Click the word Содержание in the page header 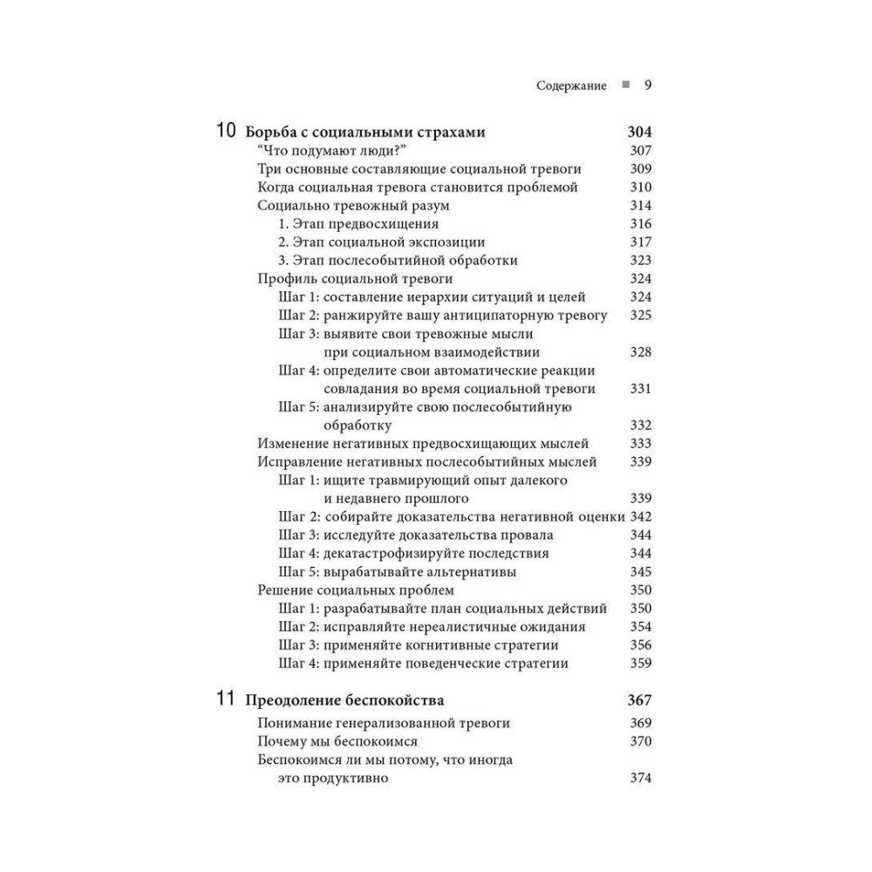click(572, 85)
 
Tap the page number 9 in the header click(648, 85)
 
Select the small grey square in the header click(624, 85)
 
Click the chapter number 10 click(225, 133)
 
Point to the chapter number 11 click(225, 699)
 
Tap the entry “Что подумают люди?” click(318, 151)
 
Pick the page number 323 click(641, 261)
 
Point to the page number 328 click(641, 352)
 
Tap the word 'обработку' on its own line click(357, 426)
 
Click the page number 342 click(641, 517)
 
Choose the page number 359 click(641, 664)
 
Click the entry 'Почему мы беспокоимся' click(338, 742)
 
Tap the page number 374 click(641, 779)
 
